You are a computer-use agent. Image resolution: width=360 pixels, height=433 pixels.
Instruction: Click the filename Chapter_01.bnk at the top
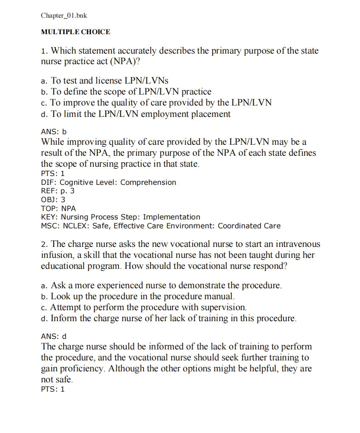[64, 16]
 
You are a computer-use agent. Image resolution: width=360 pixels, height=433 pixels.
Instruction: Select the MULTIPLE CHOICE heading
[76, 32]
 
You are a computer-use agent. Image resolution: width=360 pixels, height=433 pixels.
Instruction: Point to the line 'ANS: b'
[54, 132]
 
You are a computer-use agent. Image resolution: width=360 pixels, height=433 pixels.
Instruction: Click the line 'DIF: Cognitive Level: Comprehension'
[108, 182]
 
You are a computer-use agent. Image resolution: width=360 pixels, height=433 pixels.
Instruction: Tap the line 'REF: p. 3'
[57, 191]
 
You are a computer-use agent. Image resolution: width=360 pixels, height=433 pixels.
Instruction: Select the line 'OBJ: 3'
[53, 200]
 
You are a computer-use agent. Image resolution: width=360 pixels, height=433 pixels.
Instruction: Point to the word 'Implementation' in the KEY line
[171, 217]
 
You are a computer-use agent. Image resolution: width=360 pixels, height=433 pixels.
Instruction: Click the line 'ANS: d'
[54, 336]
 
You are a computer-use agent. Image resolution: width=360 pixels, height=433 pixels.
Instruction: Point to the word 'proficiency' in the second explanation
[81, 368]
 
